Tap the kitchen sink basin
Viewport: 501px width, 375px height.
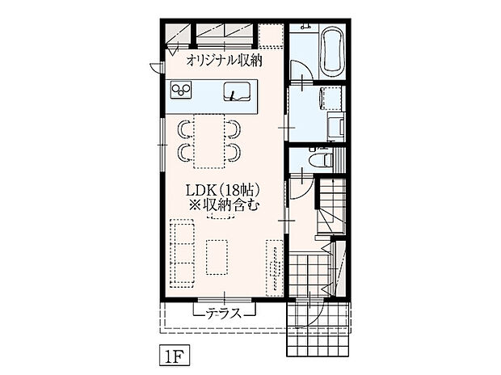[236, 91]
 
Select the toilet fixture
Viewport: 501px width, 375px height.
[322, 158]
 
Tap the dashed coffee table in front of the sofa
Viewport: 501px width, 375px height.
[217, 257]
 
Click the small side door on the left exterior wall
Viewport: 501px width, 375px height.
[156, 68]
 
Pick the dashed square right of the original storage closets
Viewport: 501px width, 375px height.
[272, 36]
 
